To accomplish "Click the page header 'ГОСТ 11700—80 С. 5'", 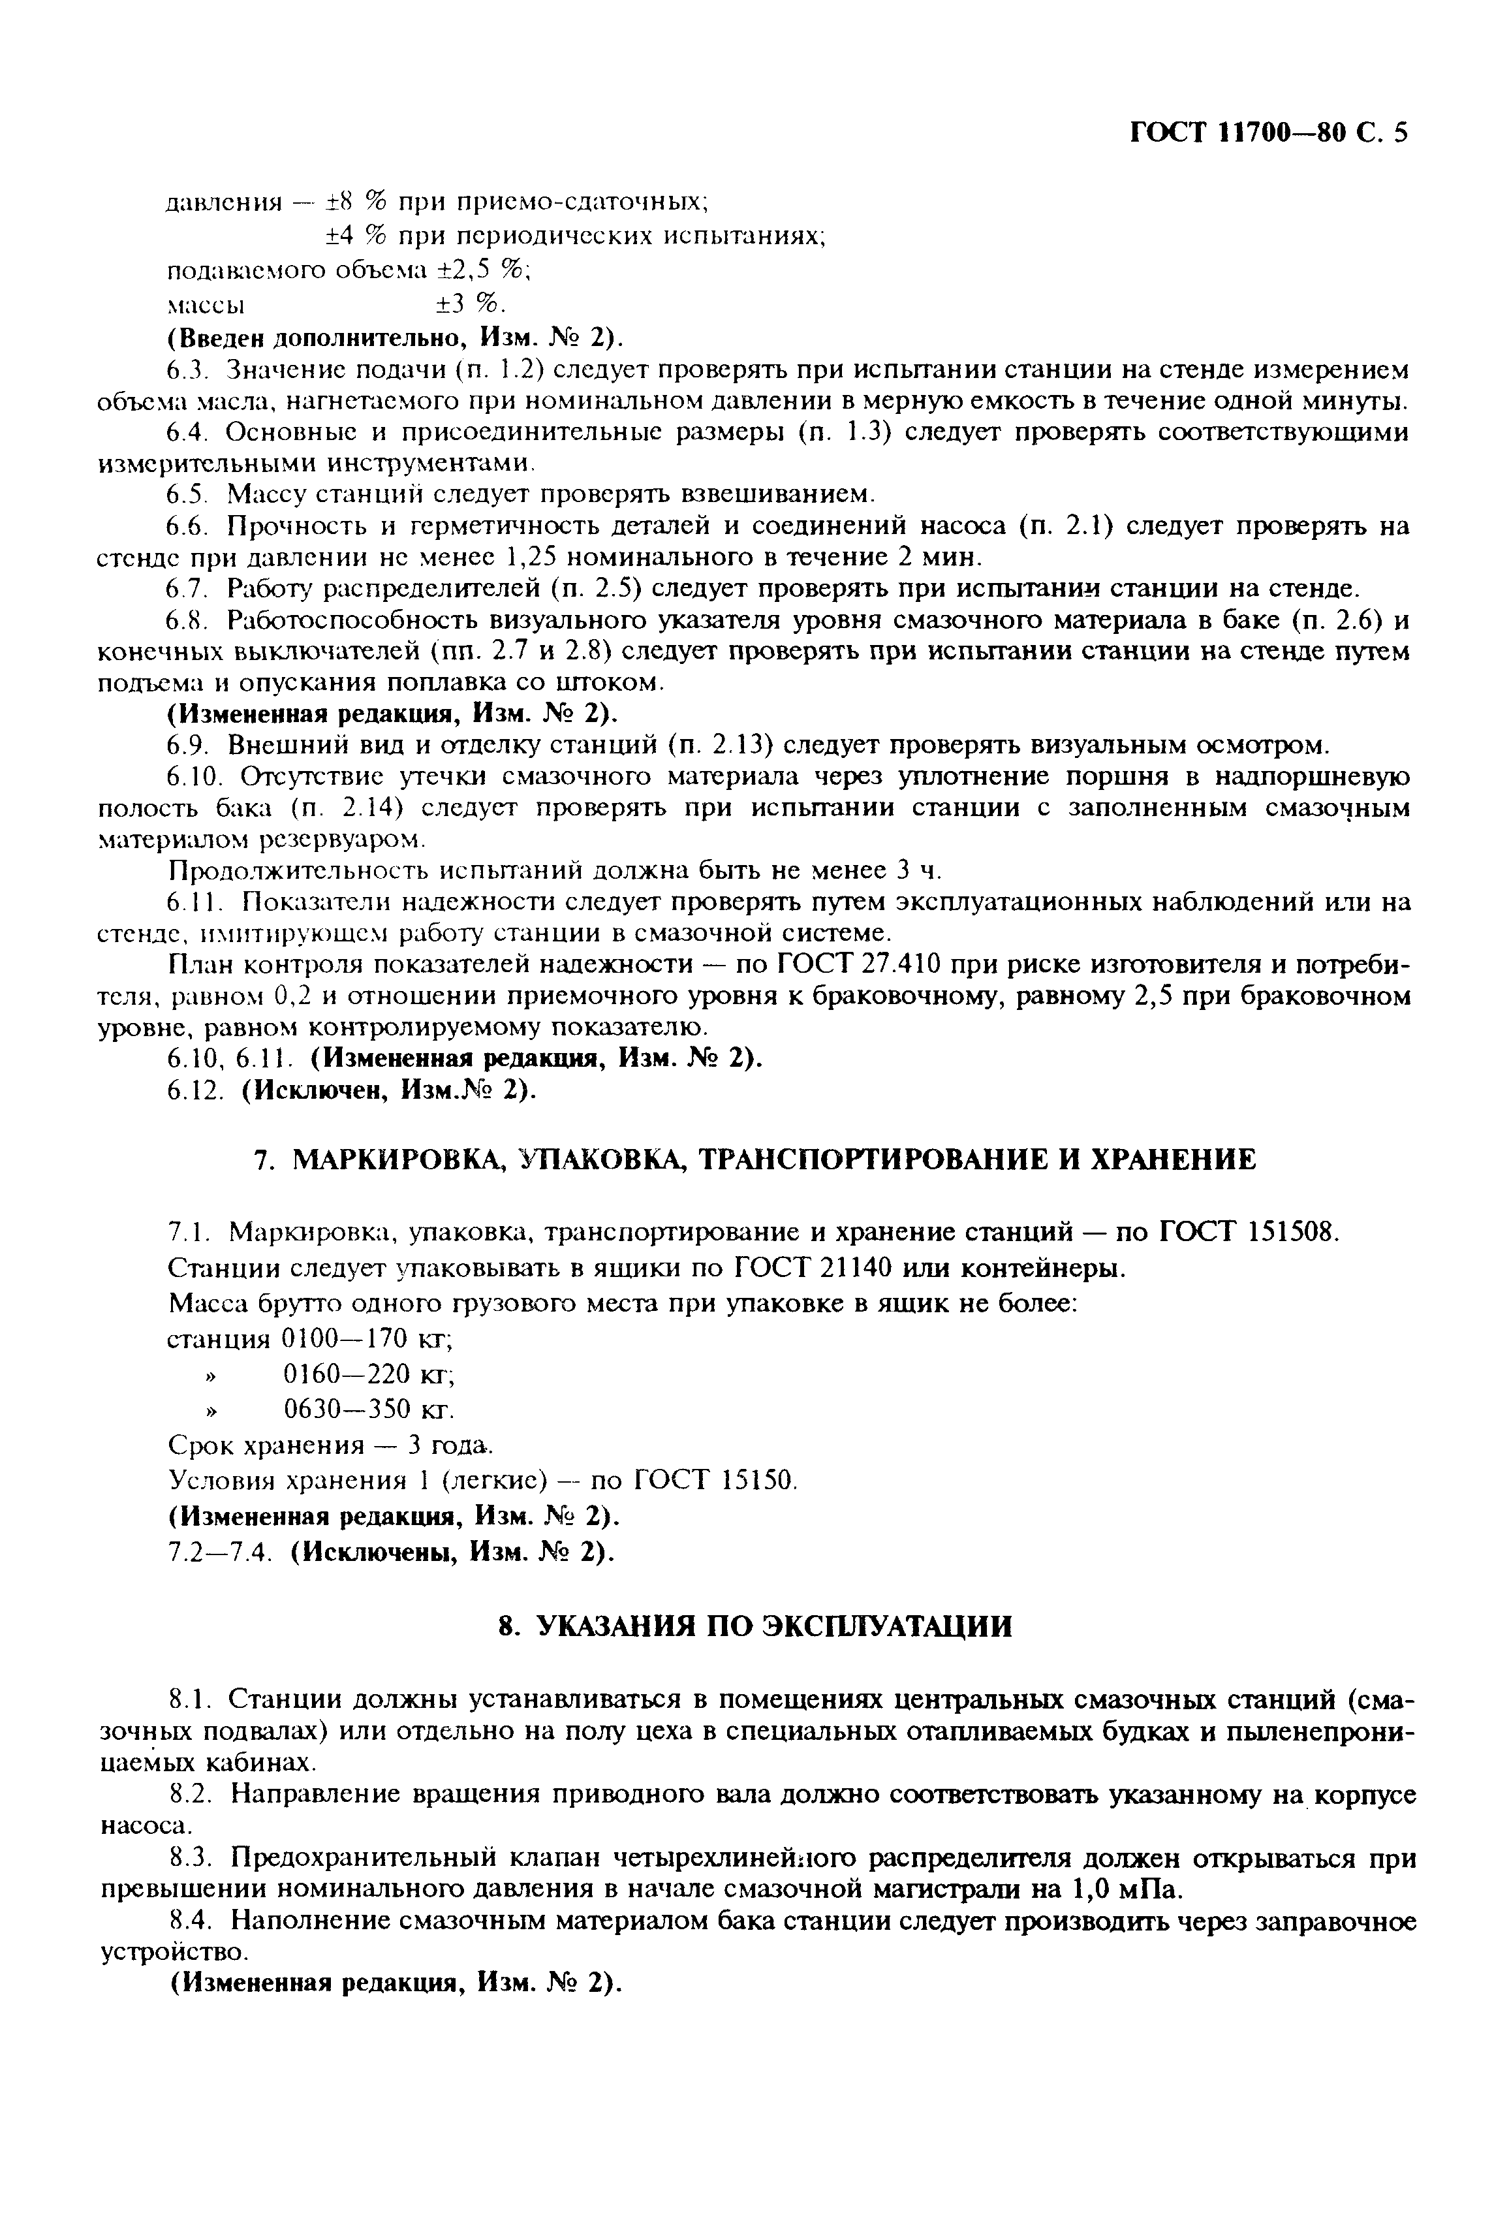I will pyautogui.click(x=1268, y=132).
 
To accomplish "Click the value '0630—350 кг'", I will pyautogui.click(x=367, y=1410).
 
